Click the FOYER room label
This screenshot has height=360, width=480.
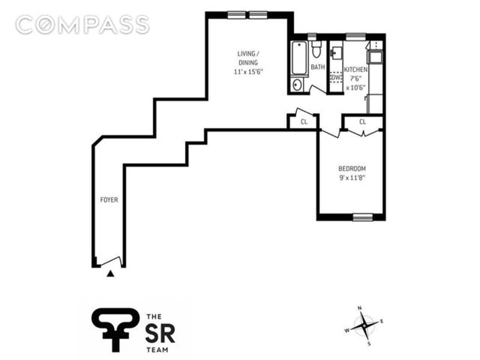click(109, 200)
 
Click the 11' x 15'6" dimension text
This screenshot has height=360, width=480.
click(249, 72)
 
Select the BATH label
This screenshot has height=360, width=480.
click(317, 67)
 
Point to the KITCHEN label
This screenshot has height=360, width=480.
click(355, 70)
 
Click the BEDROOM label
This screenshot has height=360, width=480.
click(352, 169)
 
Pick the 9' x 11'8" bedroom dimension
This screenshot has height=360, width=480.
click(352, 178)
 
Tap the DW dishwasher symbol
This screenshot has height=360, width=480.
click(335, 78)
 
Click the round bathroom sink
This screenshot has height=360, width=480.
click(296, 85)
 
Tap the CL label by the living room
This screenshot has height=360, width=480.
click(304, 121)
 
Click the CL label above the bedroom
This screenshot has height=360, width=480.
click(363, 122)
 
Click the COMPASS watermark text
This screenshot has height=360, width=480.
click(82, 25)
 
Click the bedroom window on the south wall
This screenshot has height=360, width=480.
click(363, 216)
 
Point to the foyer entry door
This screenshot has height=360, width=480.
click(110, 262)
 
